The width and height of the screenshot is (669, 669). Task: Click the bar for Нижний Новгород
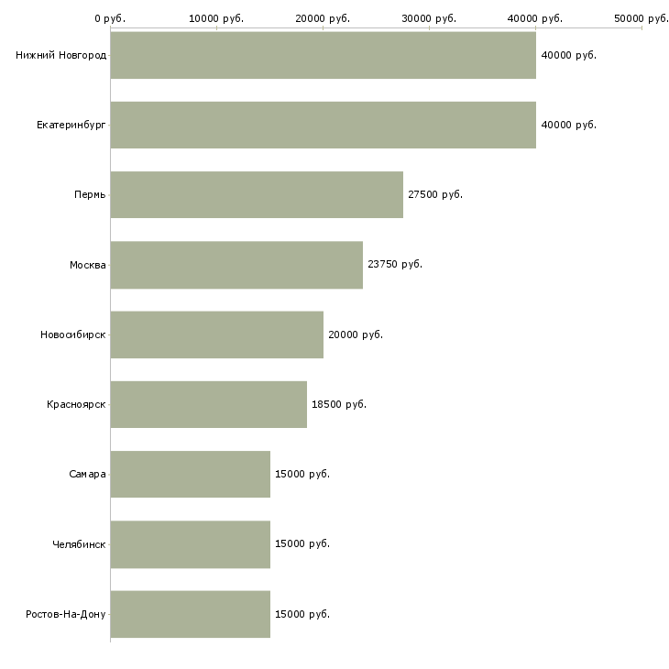point(323,55)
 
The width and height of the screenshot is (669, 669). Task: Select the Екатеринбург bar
point(323,125)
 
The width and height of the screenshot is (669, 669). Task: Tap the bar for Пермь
point(257,194)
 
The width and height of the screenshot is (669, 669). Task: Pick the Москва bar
point(236,265)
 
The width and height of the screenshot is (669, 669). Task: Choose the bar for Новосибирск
point(217,334)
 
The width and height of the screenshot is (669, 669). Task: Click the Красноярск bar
point(209,404)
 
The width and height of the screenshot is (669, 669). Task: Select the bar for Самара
point(191,474)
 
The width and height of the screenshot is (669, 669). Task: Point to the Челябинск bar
point(191,544)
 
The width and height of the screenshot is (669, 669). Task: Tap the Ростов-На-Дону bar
point(191,614)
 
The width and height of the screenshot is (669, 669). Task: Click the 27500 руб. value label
point(435,194)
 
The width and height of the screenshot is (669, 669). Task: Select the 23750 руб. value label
point(395,265)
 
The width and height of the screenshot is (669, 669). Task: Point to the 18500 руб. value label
point(339,404)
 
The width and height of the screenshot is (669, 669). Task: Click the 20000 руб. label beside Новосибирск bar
point(356,334)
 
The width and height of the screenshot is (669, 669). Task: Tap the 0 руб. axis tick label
point(110,18)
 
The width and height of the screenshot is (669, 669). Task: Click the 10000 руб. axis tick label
point(216,18)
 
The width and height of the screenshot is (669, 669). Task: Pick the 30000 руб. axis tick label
point(429,18)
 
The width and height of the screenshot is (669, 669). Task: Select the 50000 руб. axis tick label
point(642,18)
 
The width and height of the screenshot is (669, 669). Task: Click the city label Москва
point(87,265)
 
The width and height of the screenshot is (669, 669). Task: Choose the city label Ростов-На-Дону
point(66,614)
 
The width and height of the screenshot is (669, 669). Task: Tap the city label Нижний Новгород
point(61,55)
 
